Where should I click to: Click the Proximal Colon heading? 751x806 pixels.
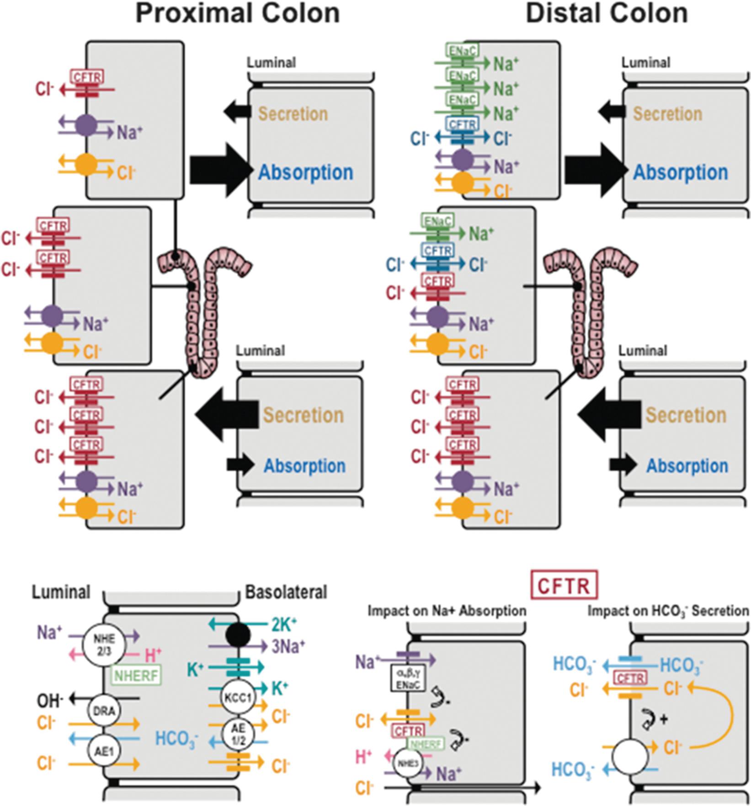[x=238, y=14]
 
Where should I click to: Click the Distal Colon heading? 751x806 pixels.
[x=607, y=14]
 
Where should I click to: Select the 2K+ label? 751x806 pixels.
[x=283, y=625]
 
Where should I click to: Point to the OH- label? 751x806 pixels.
[x=50, y=699]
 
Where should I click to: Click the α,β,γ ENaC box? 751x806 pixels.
[x=408, y=679]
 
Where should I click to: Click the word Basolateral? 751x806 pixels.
[x=287, y=592]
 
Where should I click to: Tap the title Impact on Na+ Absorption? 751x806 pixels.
[x=447, y=611]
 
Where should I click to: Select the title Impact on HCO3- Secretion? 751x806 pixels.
[x=668, y=611]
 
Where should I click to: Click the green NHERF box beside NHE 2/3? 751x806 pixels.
[x=136, y=676]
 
